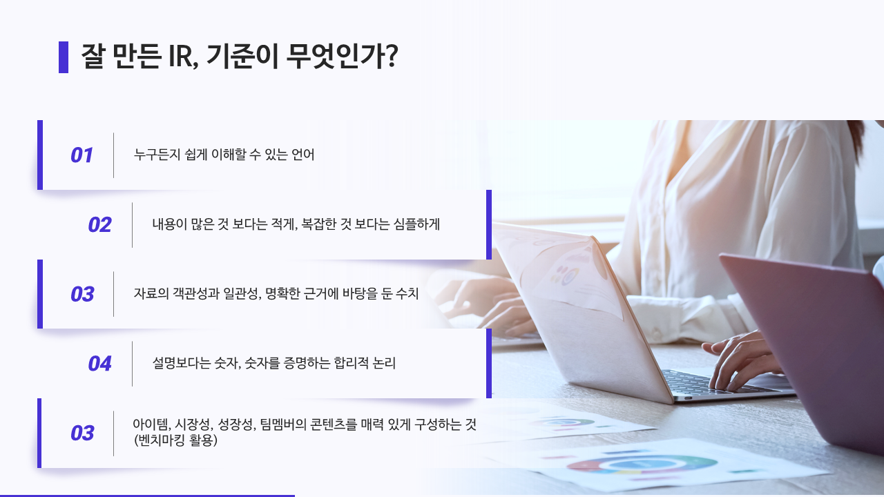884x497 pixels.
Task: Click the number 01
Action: coord(81,155)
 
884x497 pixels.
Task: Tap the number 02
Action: coord(100,225)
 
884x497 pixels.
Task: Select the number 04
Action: coord(100,364)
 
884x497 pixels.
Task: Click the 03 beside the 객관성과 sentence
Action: coord(82,294)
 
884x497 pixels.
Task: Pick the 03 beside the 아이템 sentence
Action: coord(82,433)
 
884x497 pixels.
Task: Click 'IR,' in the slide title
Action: coord(183,56)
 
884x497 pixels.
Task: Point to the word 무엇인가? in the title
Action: coord(342,56)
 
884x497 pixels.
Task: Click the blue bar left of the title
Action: coord(64,57)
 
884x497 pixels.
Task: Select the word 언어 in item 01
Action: coord(302,154)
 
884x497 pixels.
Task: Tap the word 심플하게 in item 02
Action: coord(416,224)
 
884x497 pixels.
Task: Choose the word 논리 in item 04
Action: coord(384,363)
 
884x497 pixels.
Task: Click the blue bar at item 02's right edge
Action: coord(489,225)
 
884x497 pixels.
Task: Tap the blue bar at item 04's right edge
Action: coord(489,363)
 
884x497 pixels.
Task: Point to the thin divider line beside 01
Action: coord(114,155)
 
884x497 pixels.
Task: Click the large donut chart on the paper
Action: coord(642,465)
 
